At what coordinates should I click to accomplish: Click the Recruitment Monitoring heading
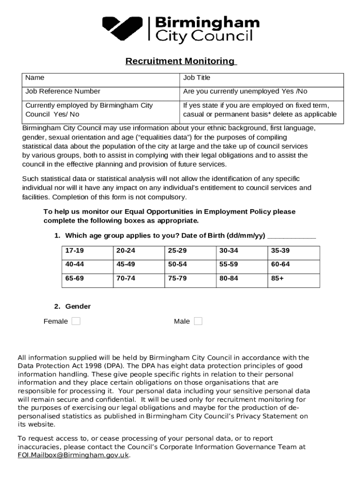[181, 61]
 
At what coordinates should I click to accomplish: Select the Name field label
[35, 78]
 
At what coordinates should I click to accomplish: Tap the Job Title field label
[196, 78]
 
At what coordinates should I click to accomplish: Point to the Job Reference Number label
[63, 91]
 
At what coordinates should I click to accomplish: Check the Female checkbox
[76, 321]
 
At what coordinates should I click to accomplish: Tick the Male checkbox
[198, 321]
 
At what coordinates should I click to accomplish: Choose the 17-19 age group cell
[86, 251]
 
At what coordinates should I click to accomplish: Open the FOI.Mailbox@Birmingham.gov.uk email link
[73, 455]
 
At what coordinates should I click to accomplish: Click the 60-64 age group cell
[294, 264]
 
